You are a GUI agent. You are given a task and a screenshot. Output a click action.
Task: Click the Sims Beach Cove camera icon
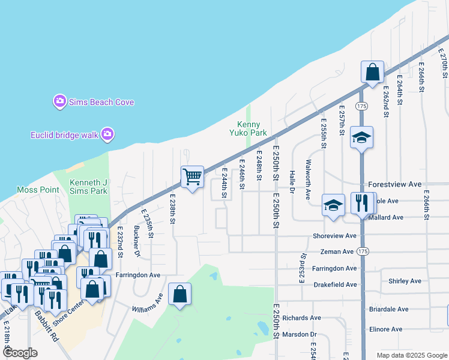59,101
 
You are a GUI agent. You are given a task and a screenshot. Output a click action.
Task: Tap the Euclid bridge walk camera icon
107,134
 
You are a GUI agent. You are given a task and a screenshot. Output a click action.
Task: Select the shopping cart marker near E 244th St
192,177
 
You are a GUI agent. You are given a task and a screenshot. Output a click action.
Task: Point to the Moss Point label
38,190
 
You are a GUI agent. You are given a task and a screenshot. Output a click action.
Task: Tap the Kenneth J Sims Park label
88,187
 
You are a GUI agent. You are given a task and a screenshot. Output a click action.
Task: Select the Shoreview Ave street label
334,236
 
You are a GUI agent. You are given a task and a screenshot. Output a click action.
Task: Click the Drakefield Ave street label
335,284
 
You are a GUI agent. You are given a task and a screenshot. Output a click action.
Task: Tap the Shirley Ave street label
405,281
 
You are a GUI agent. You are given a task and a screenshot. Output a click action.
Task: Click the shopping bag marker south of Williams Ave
179,295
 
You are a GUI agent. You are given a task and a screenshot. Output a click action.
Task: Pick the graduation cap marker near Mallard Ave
333,205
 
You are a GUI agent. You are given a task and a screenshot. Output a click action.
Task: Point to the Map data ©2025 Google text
411,355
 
